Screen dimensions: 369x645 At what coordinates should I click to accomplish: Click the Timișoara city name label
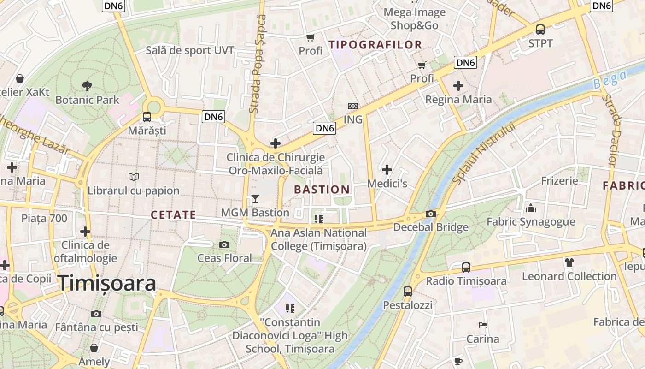[107, 283]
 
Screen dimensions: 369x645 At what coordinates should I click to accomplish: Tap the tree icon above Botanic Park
[87, 86]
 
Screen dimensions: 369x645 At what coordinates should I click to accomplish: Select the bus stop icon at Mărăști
[147, 117]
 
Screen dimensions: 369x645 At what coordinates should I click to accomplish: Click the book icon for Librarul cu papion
[134, 177]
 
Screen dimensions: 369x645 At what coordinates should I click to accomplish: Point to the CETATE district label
[173, 215]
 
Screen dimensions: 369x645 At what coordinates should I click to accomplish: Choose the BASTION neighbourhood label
[322, 190]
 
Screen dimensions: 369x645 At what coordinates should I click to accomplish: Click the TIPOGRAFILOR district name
[375, 45]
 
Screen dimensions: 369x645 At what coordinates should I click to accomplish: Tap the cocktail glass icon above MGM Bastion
[255, 199]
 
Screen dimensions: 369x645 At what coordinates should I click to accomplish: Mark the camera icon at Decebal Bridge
[431, 214]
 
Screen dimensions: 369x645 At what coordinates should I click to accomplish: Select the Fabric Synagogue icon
[531, 208]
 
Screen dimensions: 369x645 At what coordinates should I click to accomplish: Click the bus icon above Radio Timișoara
[466, 267]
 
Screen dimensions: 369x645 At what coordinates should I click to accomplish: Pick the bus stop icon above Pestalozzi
[408, 291]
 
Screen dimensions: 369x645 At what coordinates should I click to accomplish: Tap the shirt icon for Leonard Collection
[569, 262]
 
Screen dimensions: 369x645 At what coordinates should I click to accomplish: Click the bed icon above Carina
[482, 325]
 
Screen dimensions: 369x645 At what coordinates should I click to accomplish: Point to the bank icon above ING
[353, 106]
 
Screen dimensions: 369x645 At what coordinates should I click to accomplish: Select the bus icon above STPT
[540, 30]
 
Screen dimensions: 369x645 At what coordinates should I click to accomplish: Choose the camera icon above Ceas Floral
[224, 244]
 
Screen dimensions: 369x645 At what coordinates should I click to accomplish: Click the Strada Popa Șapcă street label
[257, 64]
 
